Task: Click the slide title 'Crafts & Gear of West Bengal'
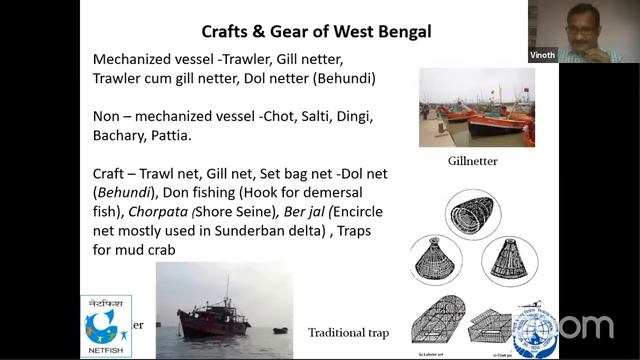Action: coord(316,30)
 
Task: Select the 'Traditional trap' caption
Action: coord(349,332)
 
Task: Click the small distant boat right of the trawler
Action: coord(279,329)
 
